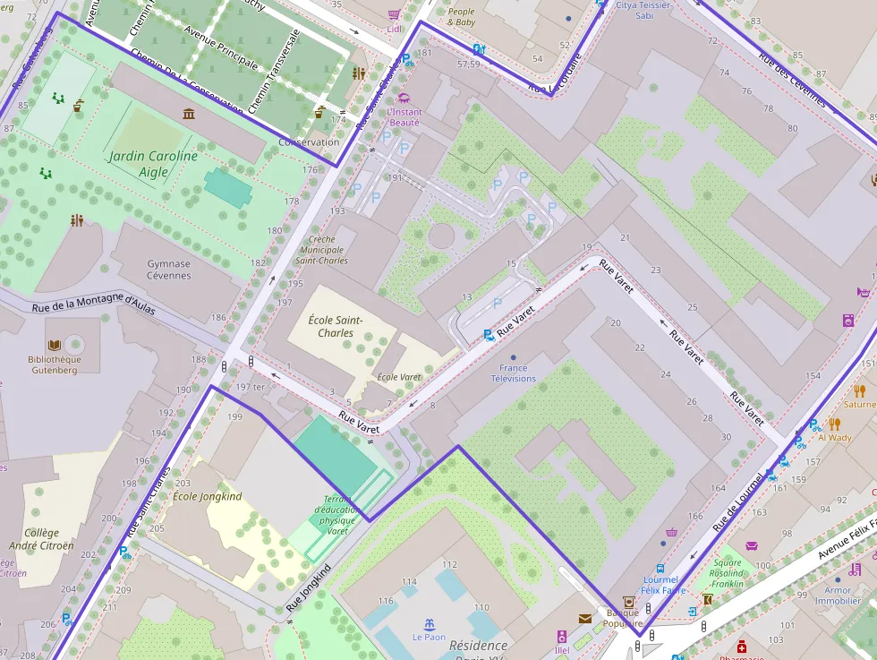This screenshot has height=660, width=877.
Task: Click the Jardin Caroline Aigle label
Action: click(x=153, y=164)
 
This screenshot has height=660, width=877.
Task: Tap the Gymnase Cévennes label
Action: click(x=168, y=270)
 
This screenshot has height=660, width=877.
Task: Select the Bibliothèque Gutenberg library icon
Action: click(x=55, y=345)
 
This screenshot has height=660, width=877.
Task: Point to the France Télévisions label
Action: click(x=513, y=373)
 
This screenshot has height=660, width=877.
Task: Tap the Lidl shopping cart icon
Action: click(x=394, y=14)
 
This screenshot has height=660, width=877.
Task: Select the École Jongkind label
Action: click(x=207, y=496)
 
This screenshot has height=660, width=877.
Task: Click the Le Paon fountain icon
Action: click(x=429, y=624)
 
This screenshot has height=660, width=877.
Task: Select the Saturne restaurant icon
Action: click(x=859, y=390)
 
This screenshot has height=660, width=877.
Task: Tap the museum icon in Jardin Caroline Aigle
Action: click(x=189, y=114)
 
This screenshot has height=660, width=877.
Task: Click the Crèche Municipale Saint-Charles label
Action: click(x=321, y=250)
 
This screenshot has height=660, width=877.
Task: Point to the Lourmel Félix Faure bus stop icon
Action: click(x=660, y=568)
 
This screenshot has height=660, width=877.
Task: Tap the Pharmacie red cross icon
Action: click(x=741, y=646)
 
